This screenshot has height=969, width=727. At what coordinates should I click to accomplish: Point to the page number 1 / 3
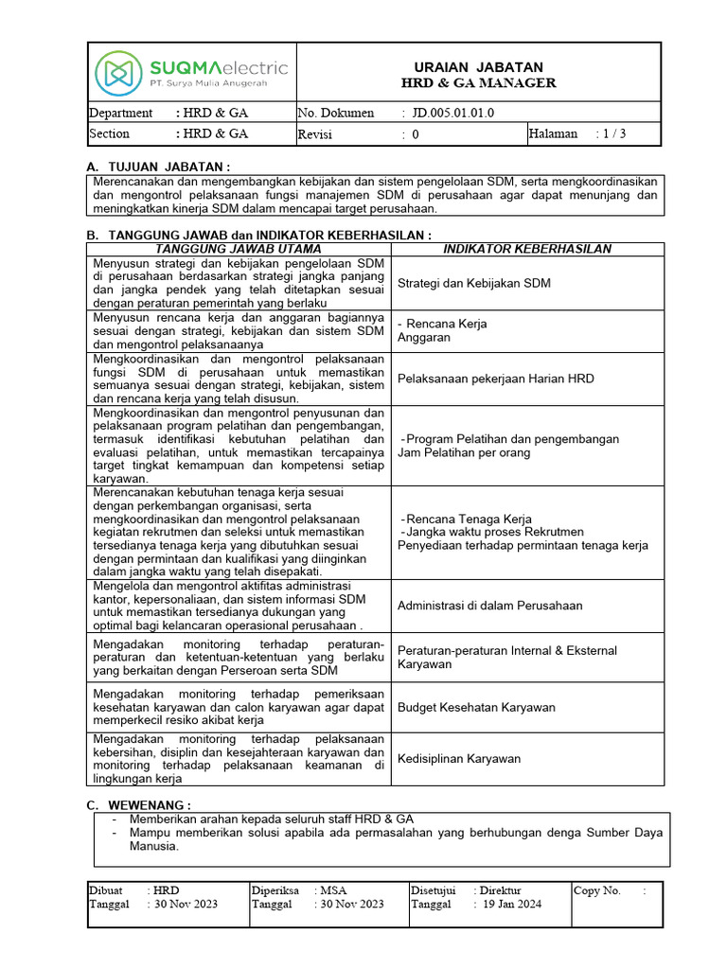(x=610, y=134)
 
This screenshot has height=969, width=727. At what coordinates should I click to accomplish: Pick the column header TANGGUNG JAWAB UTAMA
(x=240, y=249)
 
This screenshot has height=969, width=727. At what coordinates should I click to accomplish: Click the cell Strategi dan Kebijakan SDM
(x=474, y=283)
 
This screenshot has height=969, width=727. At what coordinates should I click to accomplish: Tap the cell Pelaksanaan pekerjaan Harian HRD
(x=496, y=379)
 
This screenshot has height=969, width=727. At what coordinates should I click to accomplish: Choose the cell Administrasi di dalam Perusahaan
(x=489, y=606)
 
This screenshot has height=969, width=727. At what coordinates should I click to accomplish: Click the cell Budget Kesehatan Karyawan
(x=476, y=707)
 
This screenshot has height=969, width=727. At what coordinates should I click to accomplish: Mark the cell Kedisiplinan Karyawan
(x=459, y=759)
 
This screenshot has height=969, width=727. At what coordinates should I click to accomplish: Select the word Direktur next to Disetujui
(x=500, y=890)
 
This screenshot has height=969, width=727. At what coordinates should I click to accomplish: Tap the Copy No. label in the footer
(x=597, y=890)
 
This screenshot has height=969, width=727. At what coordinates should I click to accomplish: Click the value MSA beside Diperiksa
(x=334, y=890)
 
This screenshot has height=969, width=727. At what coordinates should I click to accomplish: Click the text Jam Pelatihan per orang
(x=464, y=452)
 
